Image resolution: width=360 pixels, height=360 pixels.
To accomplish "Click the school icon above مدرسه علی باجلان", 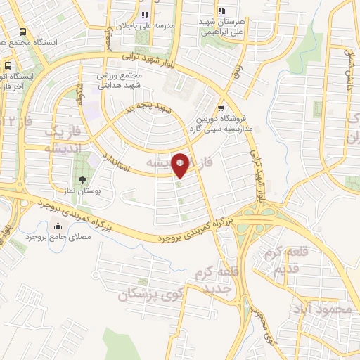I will coord(145,15).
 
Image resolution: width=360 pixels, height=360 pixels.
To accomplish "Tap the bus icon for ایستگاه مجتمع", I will coord(25,32).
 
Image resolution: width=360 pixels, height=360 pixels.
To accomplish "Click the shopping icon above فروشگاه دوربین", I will coord(221,108).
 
